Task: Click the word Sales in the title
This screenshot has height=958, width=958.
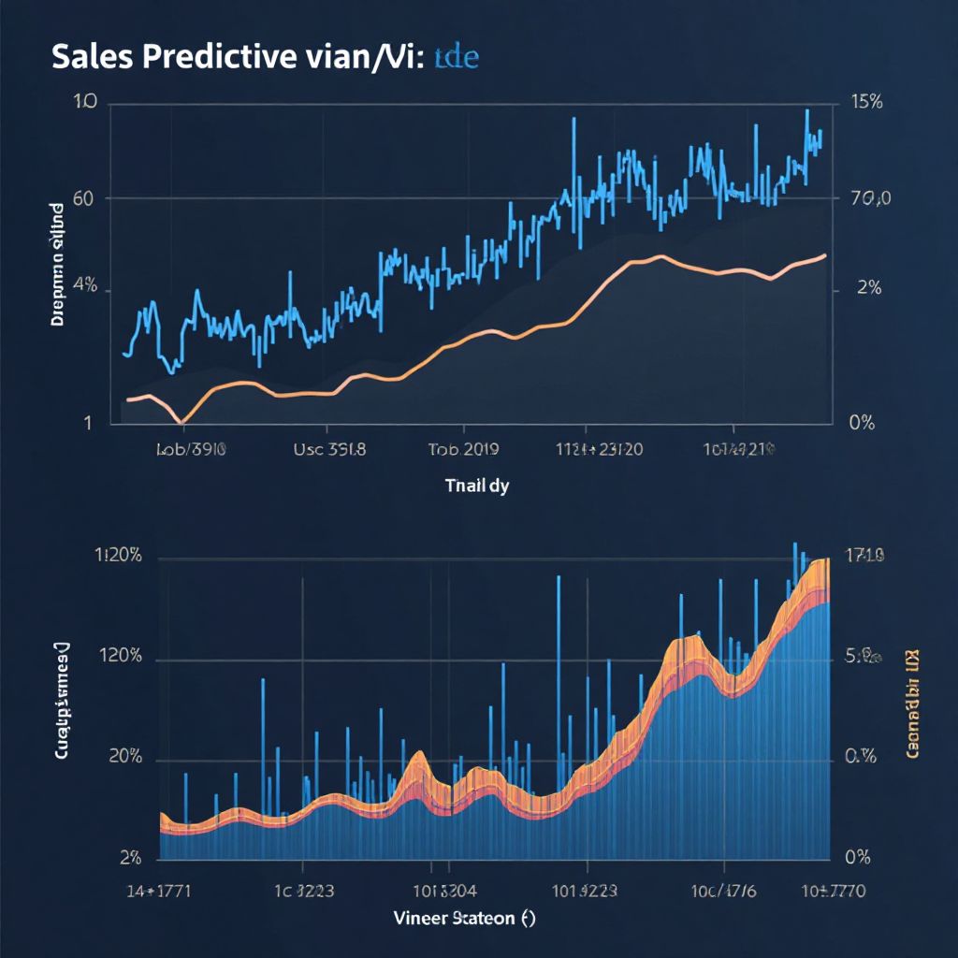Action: click(x=90, y=58)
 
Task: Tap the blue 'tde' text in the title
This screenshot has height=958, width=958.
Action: click(x=456, y=58)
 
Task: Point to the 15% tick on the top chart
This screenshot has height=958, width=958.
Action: click(x=862, y=104)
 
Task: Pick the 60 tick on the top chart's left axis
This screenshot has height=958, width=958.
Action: click(x=83, y=198)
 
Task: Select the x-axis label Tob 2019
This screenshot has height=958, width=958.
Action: click(x=463, y=448)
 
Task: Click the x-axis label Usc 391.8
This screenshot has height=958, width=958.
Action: click(x=329, y=448)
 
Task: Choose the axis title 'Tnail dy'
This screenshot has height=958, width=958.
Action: click(x=477, y=486)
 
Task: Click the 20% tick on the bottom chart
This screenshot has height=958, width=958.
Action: click(x=124, y=758)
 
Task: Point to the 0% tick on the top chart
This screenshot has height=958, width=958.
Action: click(x=860, y=423)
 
